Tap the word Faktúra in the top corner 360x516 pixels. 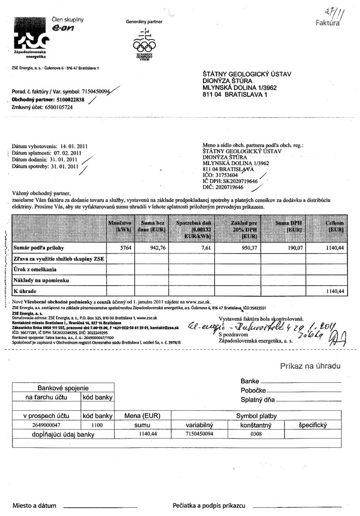pos(327,23)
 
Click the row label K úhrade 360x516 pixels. pos(25,291)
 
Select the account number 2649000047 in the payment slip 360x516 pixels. pos(46,425)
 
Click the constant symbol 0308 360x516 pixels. pos(256,434)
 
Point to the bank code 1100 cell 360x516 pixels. pos(97,425)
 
